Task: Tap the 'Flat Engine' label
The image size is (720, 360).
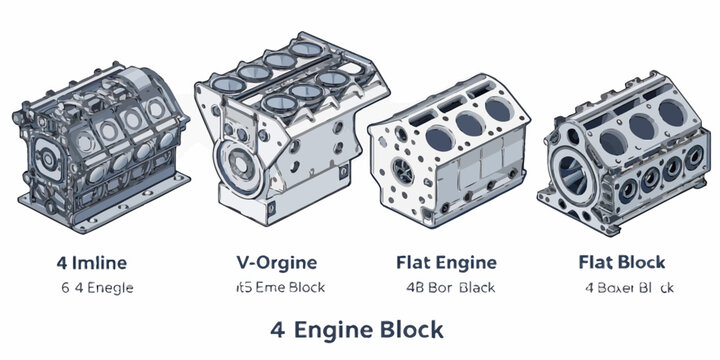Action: point(447,263)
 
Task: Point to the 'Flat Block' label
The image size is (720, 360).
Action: point(621,263)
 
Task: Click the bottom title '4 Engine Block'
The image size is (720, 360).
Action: point(357,328)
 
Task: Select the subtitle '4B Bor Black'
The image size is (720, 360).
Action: point(447,287)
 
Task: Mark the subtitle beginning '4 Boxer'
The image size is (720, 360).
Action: point(629,287)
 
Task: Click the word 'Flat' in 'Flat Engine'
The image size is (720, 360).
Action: point(414,263)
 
